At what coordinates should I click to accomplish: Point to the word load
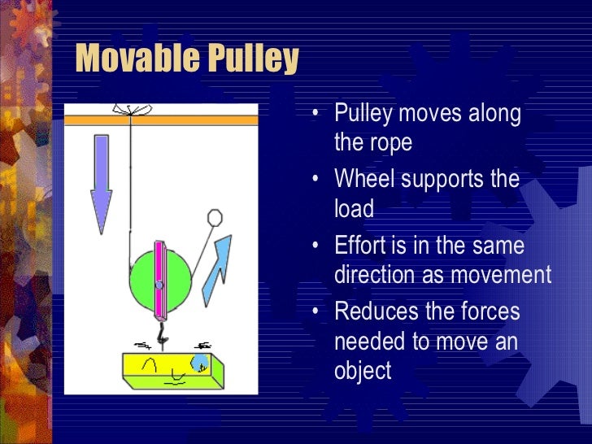click(x=354, y=209)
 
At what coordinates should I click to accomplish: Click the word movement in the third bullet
click(x=500, y=275)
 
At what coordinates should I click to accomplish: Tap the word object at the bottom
click(x=363, y=372)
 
